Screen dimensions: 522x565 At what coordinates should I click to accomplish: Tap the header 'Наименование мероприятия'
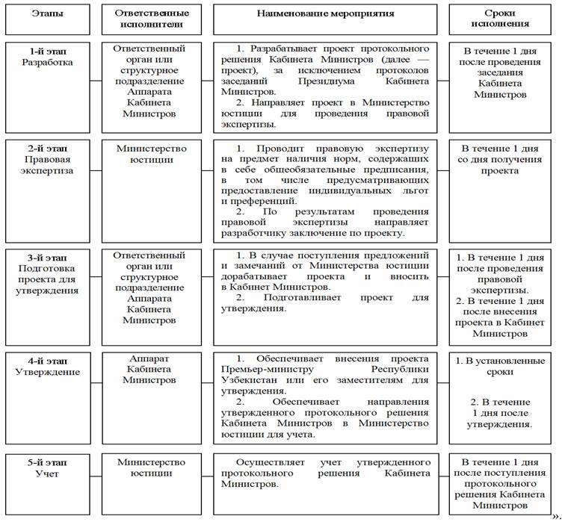(x=325, y=13)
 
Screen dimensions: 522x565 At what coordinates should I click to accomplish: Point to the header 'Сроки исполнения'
(x=499, y=19)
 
